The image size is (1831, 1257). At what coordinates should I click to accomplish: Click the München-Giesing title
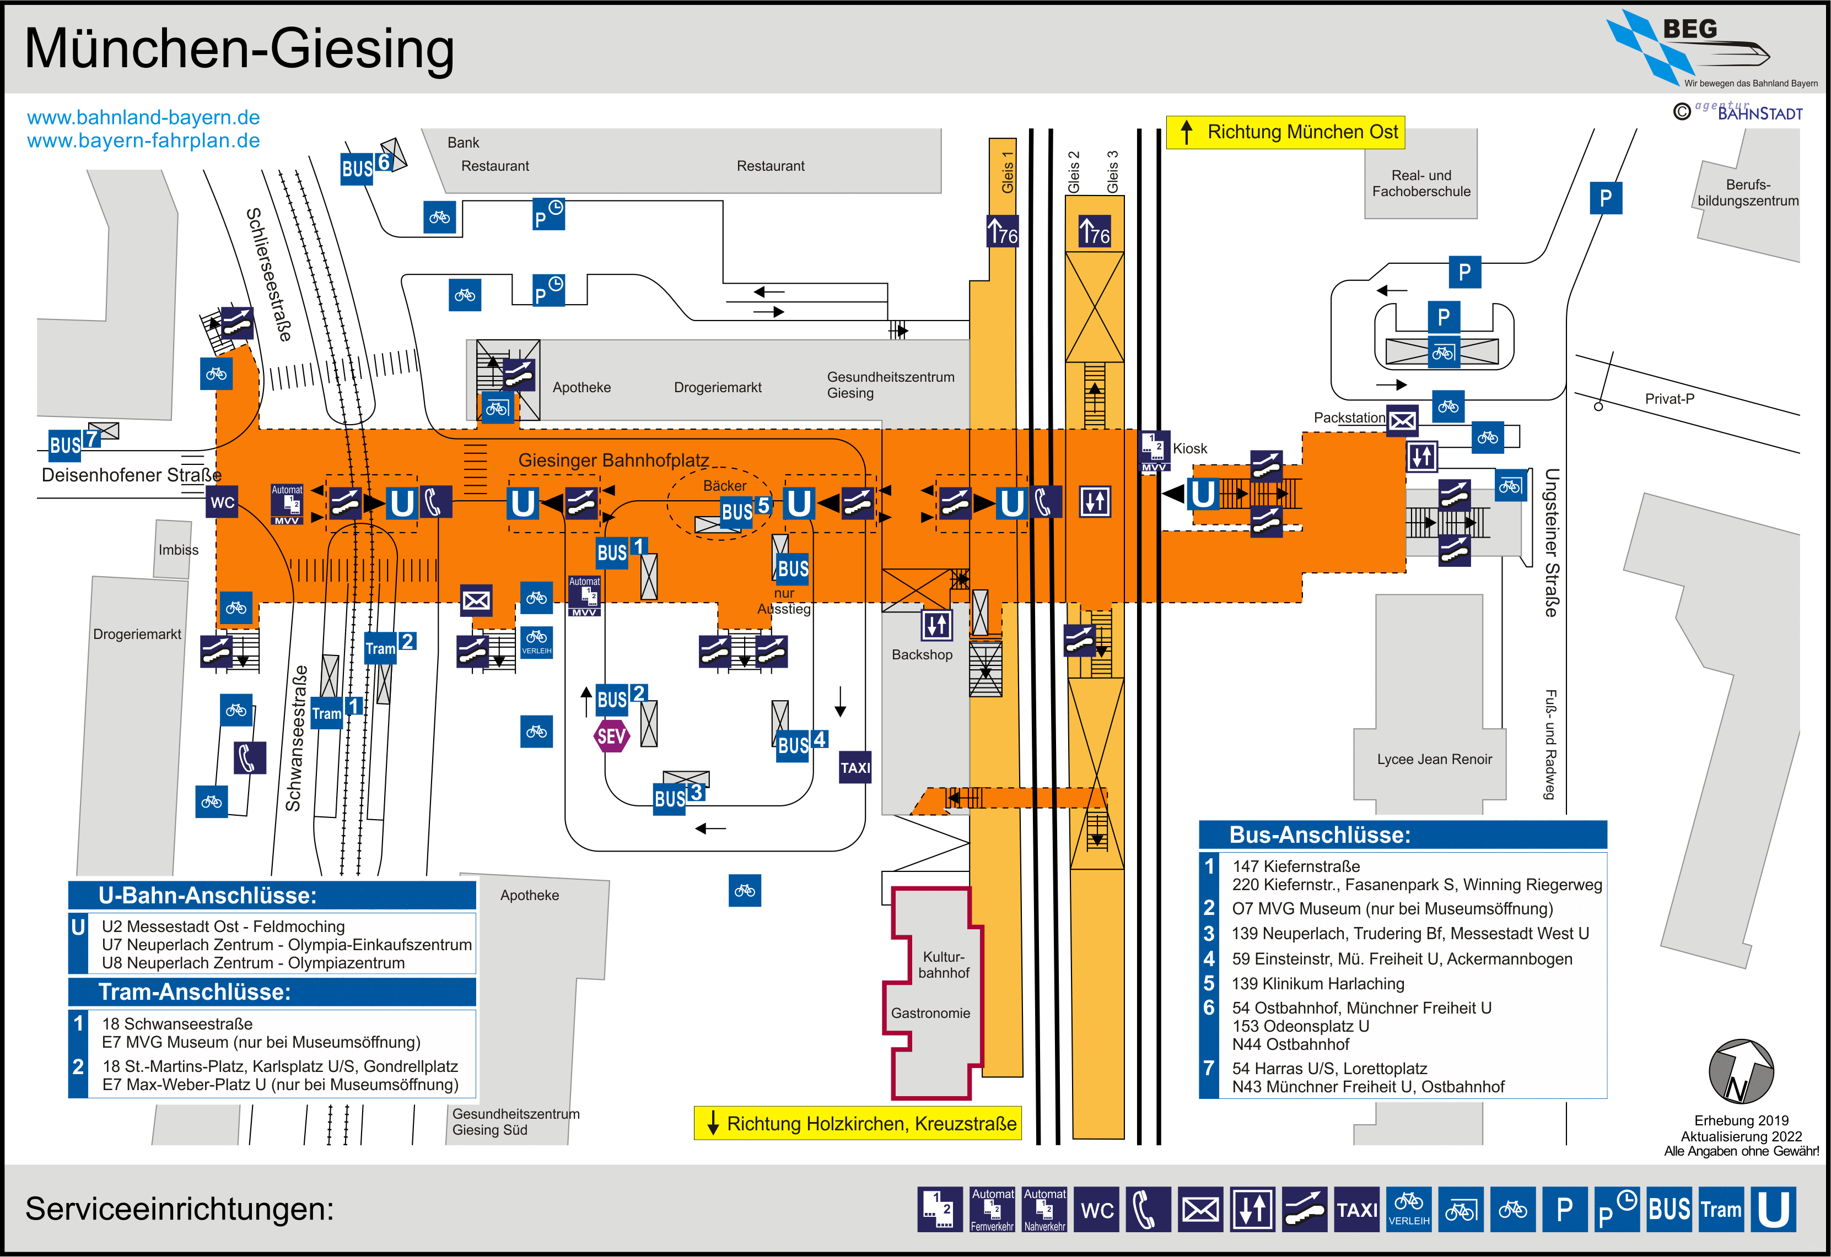click(x=240, y=49)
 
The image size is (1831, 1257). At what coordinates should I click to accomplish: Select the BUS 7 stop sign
click(x=74, y=443)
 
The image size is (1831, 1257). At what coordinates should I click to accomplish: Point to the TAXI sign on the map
click(x=855, y=767)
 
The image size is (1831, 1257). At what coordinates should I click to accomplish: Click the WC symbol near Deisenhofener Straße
click(x=222, y=502)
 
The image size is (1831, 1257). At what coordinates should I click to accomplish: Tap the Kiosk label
click(x=1189, y=448)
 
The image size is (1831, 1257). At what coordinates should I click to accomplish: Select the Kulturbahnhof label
click(x=943, y=965)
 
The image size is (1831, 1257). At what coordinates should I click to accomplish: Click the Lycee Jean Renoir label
click(x=1434, y=759)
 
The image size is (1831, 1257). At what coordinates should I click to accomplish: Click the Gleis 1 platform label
click(x=1007, y=172)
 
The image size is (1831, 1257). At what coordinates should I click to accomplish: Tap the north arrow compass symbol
click(x=1741, y=1072)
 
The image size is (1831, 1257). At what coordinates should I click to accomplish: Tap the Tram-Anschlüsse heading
click(x=195, y=991)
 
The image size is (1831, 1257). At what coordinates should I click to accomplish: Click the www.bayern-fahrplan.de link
click(x=143, y=140)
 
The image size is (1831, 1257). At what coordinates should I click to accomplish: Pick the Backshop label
click(x=922, y=654)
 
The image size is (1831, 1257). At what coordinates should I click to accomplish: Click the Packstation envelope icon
click(x=1402, y=421)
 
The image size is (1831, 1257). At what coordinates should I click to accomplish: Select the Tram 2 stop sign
click(x=389, y=646)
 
